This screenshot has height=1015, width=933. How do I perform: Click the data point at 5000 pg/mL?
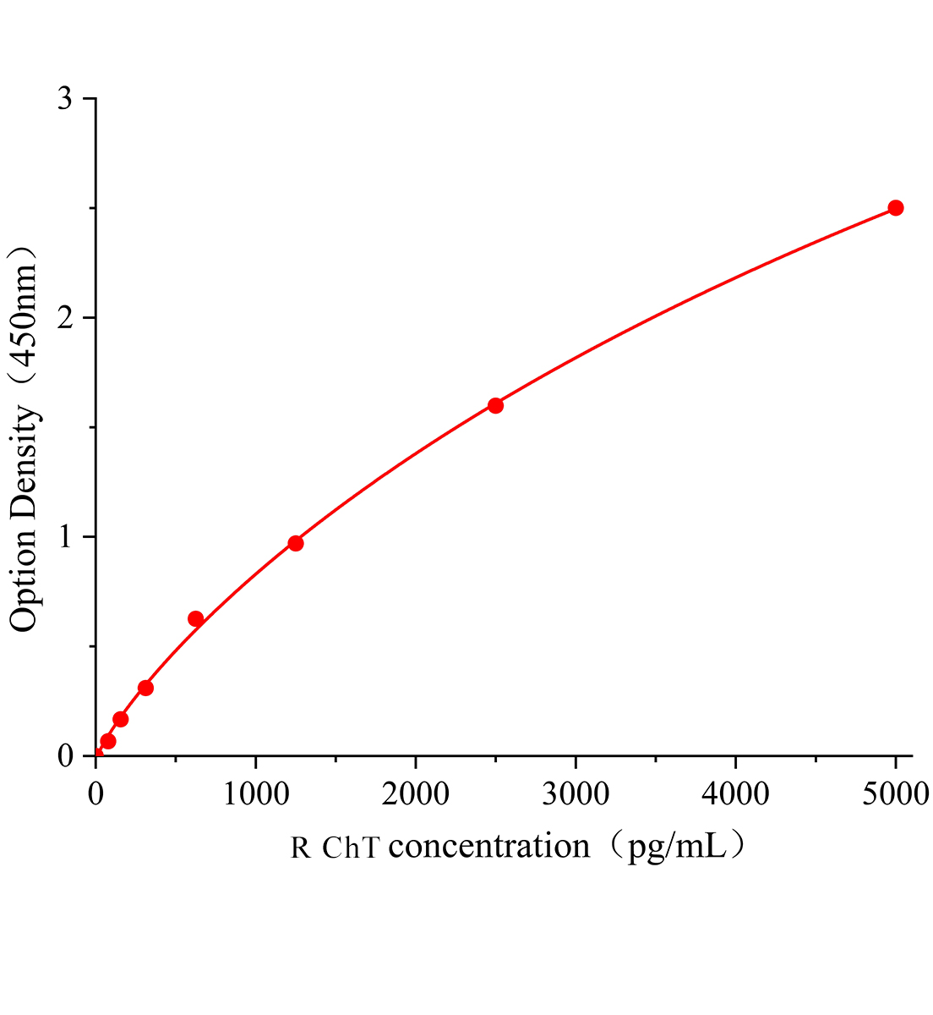[x=896, y=208]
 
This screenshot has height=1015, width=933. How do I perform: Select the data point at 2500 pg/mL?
[x=495, y=405]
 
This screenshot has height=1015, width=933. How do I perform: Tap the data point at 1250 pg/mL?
[x=296, y=543]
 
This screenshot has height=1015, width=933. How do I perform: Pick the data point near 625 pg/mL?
[x=195, y=619]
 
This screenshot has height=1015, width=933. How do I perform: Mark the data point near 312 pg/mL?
[x=145, y=688]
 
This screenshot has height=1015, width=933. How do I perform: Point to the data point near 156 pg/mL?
[x=120, y=719]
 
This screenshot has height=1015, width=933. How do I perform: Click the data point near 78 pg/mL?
[x=108, y=741]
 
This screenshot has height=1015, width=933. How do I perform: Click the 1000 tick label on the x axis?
[x=255, y=793]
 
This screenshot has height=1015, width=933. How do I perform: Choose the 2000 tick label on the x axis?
[x=415, y=793]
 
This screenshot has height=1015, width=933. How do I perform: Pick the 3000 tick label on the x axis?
[x=576, y=793]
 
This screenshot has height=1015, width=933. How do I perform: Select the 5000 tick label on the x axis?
[x=896, y=793]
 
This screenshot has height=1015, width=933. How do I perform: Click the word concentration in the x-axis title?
[x=489, y=846]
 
